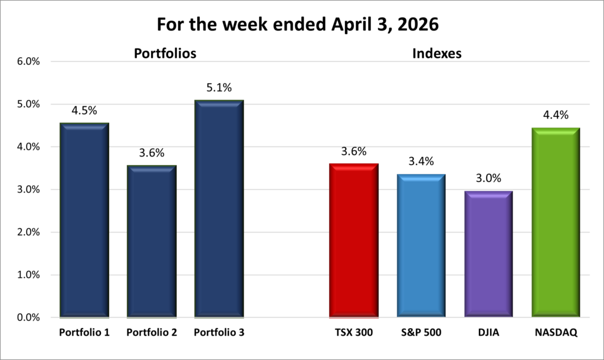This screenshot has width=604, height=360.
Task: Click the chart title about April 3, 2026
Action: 301,24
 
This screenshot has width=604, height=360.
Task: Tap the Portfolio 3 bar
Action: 219,209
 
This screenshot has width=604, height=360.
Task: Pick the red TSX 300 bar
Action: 354,240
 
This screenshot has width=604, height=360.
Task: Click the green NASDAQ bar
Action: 556,222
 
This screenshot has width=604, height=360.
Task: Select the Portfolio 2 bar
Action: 152,241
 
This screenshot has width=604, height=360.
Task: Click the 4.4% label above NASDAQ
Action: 556,116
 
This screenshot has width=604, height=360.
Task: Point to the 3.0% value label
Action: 488,179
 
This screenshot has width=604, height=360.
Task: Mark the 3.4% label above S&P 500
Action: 421,161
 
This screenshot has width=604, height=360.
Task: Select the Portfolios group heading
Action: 165,54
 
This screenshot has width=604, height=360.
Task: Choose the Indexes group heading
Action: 436,54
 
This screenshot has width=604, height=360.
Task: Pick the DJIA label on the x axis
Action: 488,332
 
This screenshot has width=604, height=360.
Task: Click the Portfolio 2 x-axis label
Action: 152,332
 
